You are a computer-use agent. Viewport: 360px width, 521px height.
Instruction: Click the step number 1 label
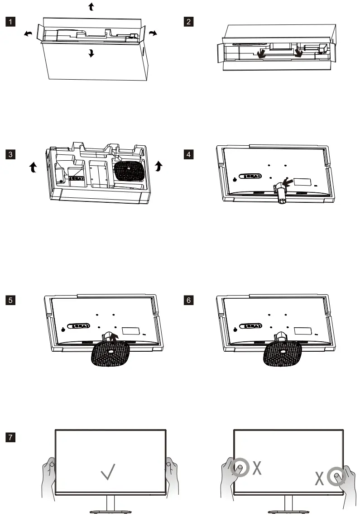[10, 22]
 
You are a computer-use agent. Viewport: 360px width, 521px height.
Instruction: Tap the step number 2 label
[188, 22]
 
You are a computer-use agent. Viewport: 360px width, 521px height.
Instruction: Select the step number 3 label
[10, 154]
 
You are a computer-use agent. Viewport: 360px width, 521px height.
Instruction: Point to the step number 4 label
[188, 154]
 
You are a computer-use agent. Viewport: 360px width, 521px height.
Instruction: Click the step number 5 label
[10, 301]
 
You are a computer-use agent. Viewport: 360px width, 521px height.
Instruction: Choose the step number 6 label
[188, 301]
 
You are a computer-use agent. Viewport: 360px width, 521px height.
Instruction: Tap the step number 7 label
[10, 437]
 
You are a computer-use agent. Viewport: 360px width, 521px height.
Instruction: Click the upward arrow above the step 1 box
[91, 7]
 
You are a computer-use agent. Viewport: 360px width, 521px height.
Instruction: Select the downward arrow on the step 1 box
[91, 53]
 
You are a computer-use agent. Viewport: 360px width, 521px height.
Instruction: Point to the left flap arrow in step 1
[28, 33]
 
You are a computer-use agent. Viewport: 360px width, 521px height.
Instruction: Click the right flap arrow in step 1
[153, 33]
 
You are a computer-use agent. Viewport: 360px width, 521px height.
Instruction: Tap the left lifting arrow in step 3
[33, 167]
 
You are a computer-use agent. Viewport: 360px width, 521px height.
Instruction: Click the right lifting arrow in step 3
[158, 166]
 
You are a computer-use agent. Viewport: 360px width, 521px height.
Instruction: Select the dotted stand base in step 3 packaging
[130, 171]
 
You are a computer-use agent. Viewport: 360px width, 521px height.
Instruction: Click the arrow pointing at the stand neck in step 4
[288, 182]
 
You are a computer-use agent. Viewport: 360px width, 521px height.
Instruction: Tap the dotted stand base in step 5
[110, 354]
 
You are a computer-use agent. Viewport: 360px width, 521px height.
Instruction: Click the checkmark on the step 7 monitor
[108, 472]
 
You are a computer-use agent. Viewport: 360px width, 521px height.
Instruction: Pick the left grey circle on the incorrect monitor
[240, 468]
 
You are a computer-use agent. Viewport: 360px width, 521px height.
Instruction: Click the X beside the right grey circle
[319, 478]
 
